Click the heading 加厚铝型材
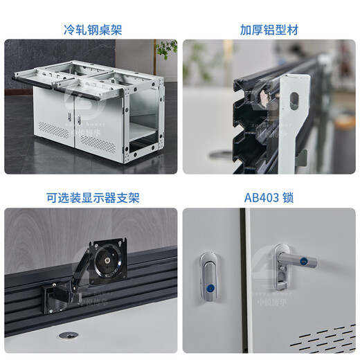269,30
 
